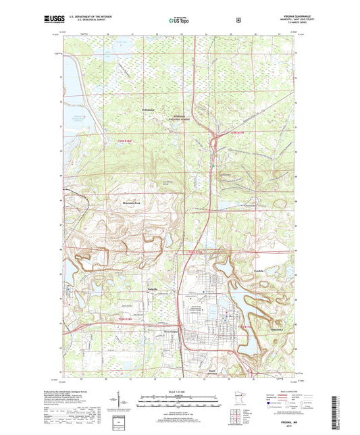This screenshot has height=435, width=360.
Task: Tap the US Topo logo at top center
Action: pyautogui.click(x=178, y=20)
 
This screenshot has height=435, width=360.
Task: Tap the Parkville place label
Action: pyautogui.click(x=153, y=289)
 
